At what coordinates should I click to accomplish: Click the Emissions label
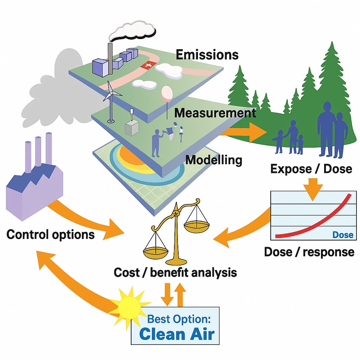[207, 54]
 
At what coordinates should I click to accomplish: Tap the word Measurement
[215, 113]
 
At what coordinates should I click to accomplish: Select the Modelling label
[214, 160]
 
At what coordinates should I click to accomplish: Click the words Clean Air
[177, 334]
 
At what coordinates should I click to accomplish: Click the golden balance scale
[176, 232]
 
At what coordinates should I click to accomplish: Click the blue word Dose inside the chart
[343, 234]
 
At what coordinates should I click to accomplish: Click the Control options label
[51, 234]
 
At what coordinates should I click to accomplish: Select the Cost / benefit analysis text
[175, 272]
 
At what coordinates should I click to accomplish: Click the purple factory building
[34, 181]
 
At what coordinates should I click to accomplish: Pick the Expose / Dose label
[311, 169]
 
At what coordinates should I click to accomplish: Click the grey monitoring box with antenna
[132, 126]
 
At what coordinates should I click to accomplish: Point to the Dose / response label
[309, 252]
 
